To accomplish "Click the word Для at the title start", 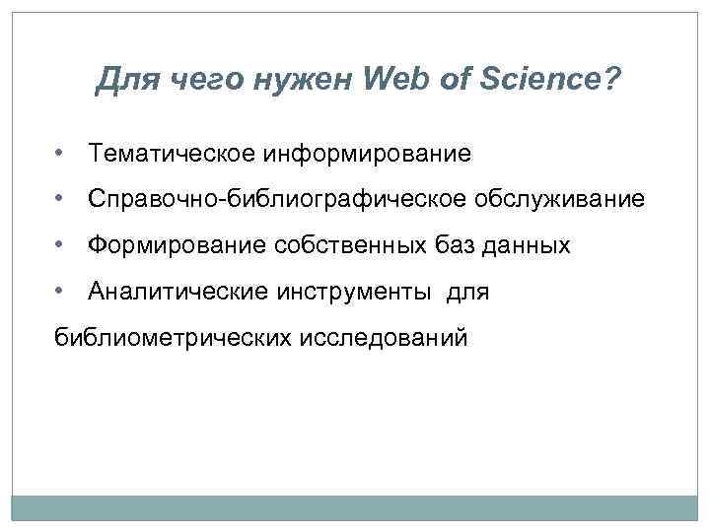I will coord(126,78).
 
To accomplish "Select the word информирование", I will coord(367,155).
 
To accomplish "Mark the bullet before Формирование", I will coord(62,245).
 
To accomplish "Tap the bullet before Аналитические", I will coord(62,292).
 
